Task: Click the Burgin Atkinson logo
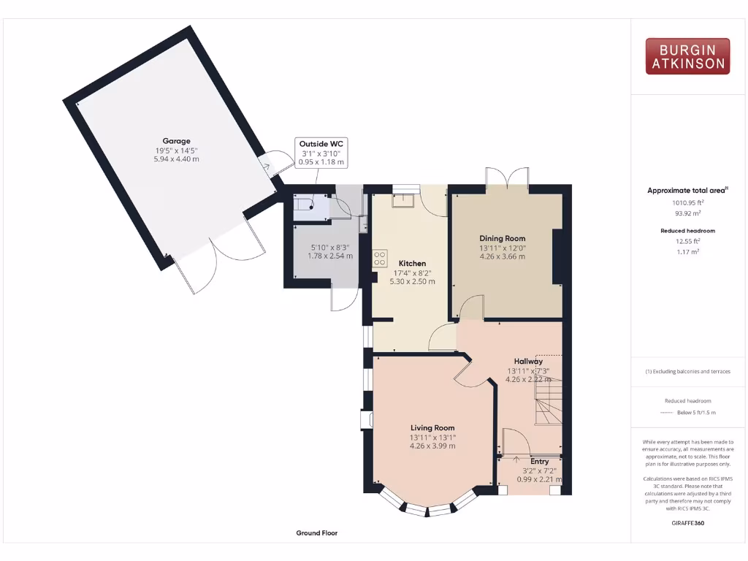[687, 57]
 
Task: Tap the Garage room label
[176, 141]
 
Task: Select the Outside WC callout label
[321, 144]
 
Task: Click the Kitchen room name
[412, 263]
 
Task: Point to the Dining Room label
[502, 238]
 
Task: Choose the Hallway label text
[527, 361]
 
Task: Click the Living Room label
[432, 428]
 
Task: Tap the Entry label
[539, 462]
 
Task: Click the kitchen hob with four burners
[380, 258]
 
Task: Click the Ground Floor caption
[316, 533]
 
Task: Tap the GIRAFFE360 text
[687, 523]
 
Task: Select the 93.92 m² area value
[687, 213]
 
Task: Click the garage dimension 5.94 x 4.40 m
[176, 159]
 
